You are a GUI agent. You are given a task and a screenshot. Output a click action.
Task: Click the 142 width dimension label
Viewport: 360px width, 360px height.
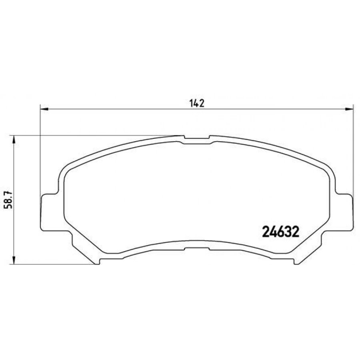pos(197,103)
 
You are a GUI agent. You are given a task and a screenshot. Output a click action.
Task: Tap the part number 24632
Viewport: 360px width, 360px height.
pos(281,231)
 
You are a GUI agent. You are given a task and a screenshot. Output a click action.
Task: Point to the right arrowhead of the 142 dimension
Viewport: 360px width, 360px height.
pos(350,108)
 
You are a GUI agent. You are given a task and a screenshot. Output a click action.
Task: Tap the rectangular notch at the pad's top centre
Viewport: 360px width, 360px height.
pos(197,140)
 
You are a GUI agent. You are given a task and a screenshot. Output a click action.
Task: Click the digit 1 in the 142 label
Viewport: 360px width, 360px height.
pos(191,103)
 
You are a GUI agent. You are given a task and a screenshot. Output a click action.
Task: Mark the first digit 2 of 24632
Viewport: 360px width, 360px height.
pos(266,231)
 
